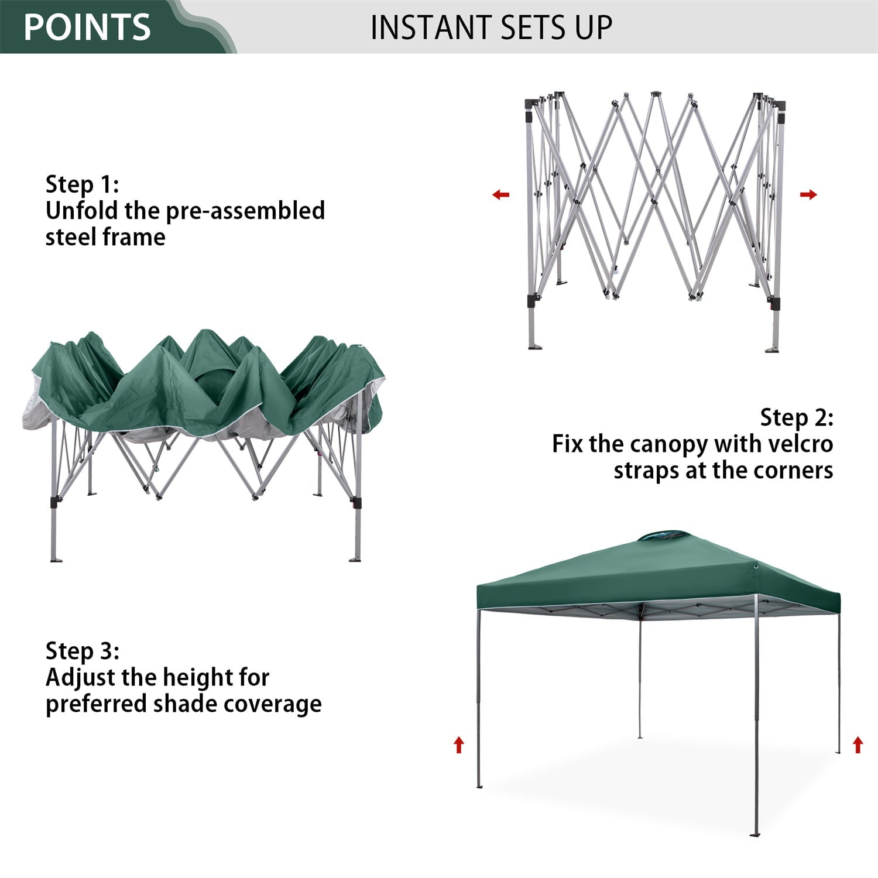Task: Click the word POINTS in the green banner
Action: (87, 27)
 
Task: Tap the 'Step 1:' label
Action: (82, 184)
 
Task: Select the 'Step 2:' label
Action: (796, 417)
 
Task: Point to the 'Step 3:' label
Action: (82, 650)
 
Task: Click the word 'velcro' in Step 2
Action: (800, 444)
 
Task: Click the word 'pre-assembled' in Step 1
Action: (245, 211)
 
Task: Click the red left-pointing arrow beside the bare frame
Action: (500, 194)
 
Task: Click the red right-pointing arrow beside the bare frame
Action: (808, 194)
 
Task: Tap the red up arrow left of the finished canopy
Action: (459, 745)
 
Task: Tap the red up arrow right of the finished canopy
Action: (858, 745)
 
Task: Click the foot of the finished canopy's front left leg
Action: (479, 786)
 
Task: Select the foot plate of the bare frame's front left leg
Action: (534, 347)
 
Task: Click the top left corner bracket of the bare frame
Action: (531, 104)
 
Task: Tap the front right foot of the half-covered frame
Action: (355, 559)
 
